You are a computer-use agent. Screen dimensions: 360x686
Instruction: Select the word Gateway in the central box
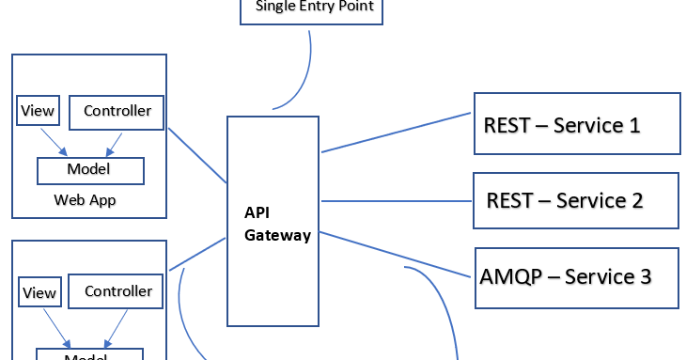click(x=277, y=236)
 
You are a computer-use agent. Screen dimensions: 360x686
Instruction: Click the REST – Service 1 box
click(x=576, y=123)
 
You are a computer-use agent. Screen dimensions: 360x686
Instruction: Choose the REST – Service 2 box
click(x=575, y=200)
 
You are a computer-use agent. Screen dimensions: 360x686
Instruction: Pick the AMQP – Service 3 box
click(x=576, y=277)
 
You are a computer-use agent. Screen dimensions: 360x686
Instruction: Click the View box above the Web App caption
click(x=38, y=112)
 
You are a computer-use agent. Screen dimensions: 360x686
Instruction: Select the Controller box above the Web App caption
click(x=117, y=112)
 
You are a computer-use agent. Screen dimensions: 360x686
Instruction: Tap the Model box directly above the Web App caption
click(x=89, y=169)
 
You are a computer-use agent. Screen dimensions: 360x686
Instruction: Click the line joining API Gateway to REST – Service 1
click(x=395, y=133)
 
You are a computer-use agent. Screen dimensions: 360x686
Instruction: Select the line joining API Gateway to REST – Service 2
click(x=395, y=200)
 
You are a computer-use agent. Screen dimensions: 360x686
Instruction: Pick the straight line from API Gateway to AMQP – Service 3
click(x=395, y=254)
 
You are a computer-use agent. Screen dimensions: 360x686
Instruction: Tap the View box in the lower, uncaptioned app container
click(x=39, y=292)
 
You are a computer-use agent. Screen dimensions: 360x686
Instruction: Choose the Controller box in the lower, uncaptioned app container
click(x=118, y=291)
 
